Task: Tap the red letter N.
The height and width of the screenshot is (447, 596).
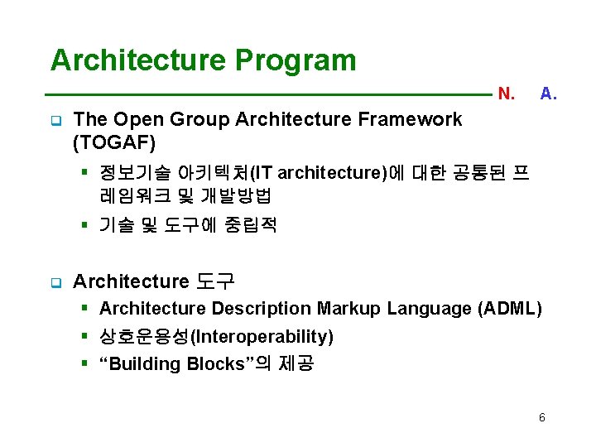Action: [x=507, y=94]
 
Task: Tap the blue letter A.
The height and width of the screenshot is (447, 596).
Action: [x=548, y=94]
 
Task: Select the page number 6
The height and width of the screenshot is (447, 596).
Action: [x=541, y=417]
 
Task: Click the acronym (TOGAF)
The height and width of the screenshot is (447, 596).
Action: [x=114, y=143]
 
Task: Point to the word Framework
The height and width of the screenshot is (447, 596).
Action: [x=410, y=119]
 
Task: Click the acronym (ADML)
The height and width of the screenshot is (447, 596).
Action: [x=510, y=309]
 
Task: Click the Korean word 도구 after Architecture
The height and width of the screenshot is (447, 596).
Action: [x=215, y=282]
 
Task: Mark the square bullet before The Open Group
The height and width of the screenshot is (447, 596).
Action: [x=55, y=120]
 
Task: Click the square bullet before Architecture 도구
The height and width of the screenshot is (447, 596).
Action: [x=55, y=283]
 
